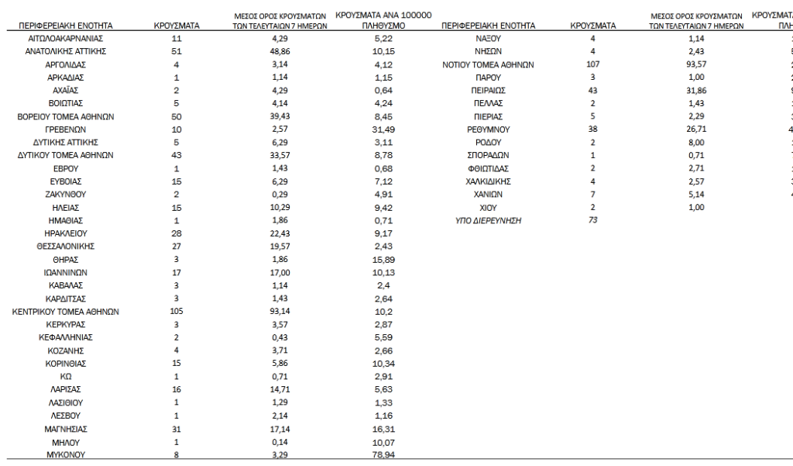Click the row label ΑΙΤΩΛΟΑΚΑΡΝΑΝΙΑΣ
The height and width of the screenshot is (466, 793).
[x=66, y=38]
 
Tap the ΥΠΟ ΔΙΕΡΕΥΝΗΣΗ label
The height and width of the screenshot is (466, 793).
[x=489, y=221]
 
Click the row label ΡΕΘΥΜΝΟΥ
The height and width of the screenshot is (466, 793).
[x=489, y=129]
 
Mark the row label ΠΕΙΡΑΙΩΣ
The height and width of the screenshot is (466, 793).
[x=489, y=91]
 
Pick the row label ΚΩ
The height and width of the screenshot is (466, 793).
[x=66, y=377]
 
